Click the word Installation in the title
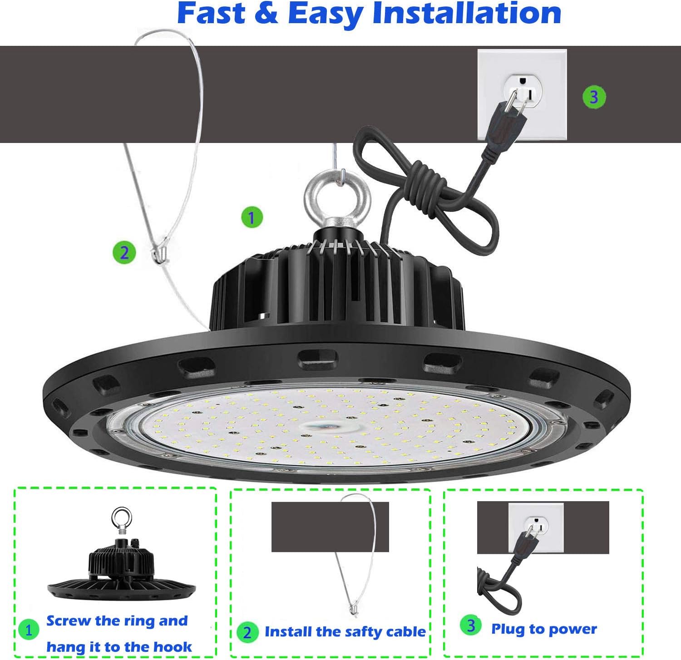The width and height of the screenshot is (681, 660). click(467, 14)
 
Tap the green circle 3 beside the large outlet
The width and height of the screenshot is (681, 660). click(594, 96)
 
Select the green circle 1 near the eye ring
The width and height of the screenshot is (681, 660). click(252, 217)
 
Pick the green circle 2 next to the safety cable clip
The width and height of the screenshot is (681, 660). click(124, 252)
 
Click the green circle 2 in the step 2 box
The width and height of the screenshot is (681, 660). click(247, 632)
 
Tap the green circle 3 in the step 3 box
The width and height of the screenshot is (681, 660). click(471, 626)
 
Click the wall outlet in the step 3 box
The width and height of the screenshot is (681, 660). click(536, 527)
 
